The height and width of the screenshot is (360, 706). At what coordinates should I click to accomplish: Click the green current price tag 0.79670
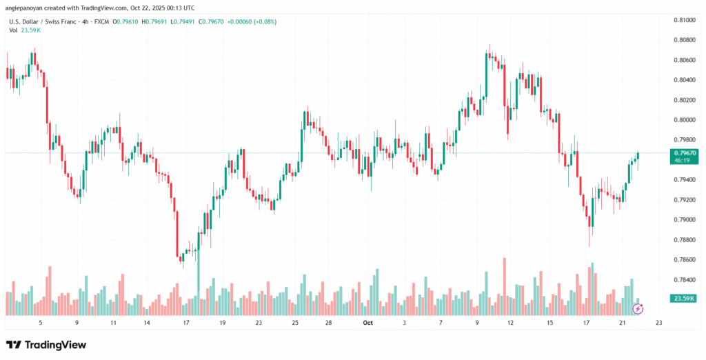pos(682,153)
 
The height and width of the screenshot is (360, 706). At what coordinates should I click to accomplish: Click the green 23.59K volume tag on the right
pos(682,298)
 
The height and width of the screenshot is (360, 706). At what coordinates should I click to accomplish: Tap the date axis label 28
pos(330,322)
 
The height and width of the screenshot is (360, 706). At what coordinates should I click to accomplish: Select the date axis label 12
pos(510,322)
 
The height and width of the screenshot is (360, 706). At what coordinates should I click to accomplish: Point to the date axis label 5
pos(41,322)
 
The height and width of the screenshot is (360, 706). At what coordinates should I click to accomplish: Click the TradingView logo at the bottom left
pos(46,344)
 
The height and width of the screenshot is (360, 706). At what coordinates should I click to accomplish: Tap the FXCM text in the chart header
pos(85,21)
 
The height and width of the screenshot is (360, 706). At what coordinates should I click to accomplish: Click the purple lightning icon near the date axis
pos(638,309)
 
